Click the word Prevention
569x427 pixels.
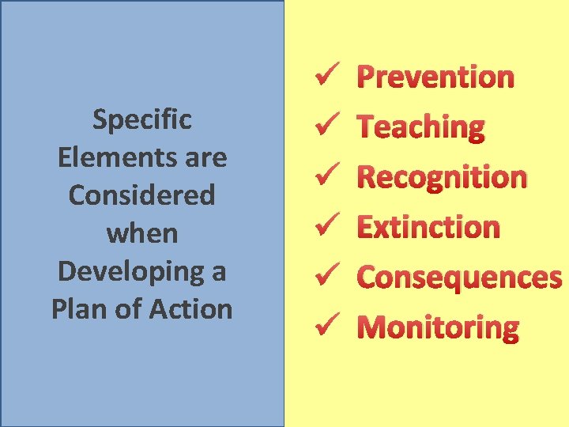435,77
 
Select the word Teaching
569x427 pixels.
420,127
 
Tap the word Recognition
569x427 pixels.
442,177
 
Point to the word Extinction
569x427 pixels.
428,227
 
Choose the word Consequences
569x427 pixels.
459,277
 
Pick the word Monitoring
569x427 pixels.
439,327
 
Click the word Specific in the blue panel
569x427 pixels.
142,120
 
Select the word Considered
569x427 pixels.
142,195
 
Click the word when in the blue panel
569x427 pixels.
142,233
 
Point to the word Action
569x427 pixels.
194,308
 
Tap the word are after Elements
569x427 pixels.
204,157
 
